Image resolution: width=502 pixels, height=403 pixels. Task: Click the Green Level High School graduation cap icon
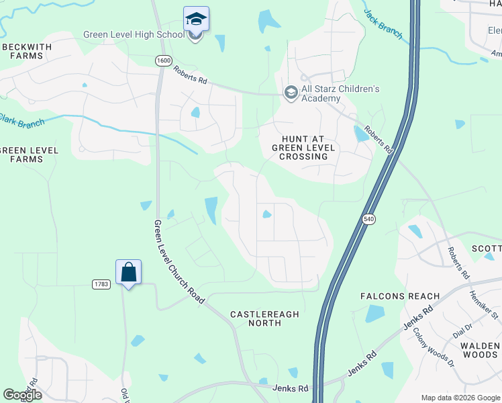pyautogui.click(x=196, y=19)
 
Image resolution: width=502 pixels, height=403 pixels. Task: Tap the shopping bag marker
pyautogui.click(x=128, y=273)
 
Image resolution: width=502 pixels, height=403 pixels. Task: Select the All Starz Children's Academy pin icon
pyautogui.click(x=291, y=93)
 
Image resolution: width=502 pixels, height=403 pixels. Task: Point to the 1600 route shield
pyautogui.click(x=162, y=60)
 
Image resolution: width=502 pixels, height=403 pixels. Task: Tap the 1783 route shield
pyautogui.click(x=101, y=285)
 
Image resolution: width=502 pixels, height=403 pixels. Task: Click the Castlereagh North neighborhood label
pyautogui.click(x=255, y=318)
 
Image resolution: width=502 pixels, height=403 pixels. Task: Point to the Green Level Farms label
pyautogui.click(x=21, y=154)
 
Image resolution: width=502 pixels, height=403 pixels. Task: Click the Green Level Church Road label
pyautogui.click(x=178, y=262)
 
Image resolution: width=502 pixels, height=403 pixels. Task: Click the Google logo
pyautogui.click(x=22, y=395)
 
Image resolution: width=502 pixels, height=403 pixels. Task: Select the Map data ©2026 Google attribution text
pyautogui.click(x=459, y=397)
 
